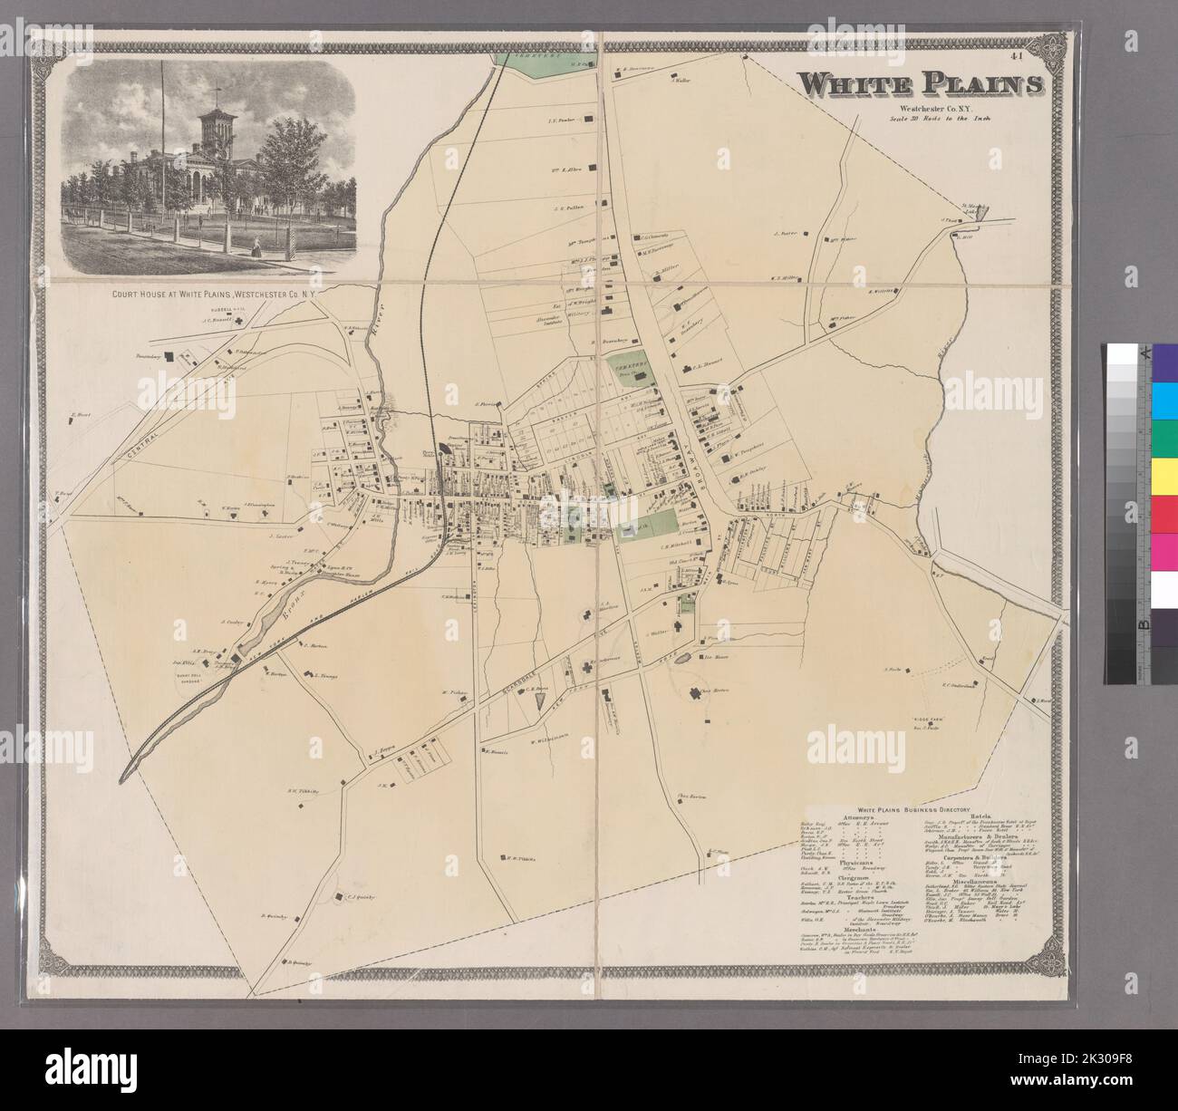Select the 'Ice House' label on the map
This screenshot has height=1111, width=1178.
tap(716, 656)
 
